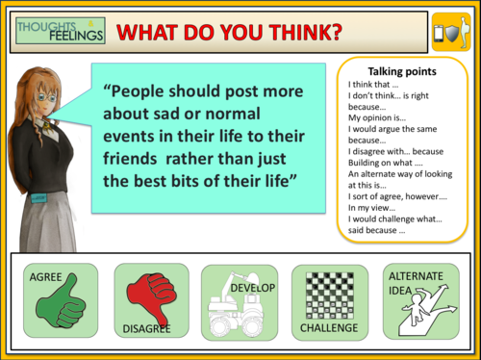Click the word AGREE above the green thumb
[x=45, y=277]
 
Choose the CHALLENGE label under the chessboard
[x=326, y=328]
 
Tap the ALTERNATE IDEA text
[x=410, y=282]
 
